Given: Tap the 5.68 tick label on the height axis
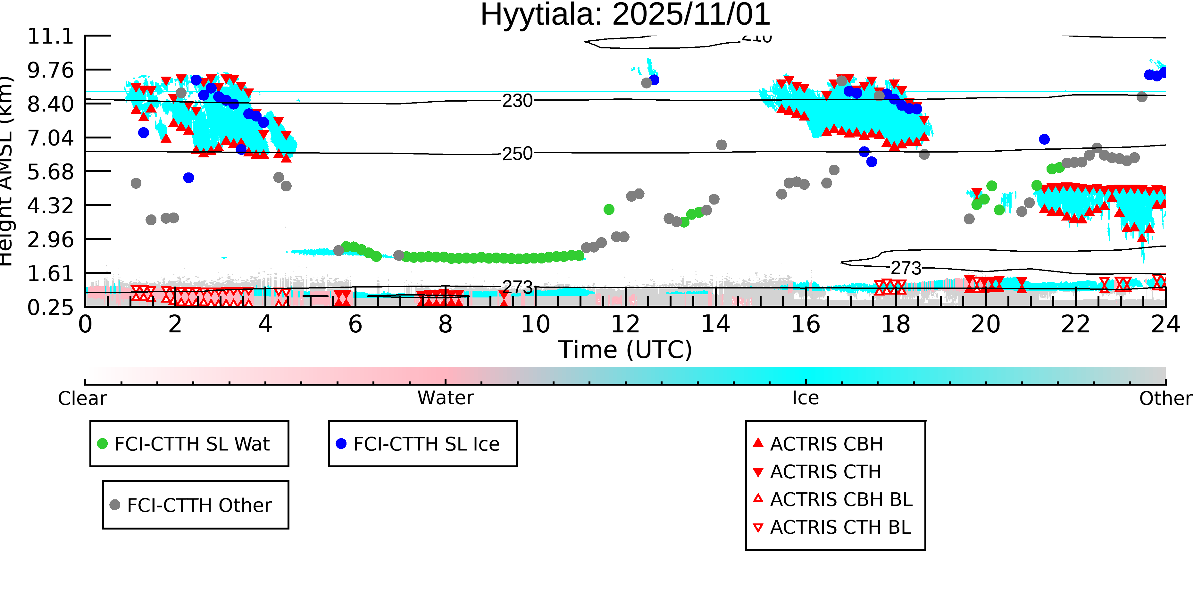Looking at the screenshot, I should [x=50, y=172].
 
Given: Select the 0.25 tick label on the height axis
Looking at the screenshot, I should [x=50, y=307].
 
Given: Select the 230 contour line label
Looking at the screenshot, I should [x=517, y=101].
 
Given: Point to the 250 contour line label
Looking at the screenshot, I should [x=517, y=154].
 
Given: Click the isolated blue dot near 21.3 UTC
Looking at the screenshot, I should [x=1044, y=139].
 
